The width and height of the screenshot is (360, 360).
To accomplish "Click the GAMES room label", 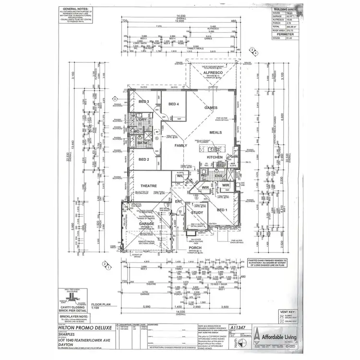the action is (x=212, y=108).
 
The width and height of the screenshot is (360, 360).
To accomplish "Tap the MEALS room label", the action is (x=215, y=132).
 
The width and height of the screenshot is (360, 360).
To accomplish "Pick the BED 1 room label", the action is (x=222, y=210).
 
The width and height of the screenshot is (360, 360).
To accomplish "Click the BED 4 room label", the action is (x=173, y=104).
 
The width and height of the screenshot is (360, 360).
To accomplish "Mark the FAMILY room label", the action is (x=181, y=145).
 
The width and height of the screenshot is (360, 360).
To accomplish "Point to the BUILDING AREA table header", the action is (x=287, y=9).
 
